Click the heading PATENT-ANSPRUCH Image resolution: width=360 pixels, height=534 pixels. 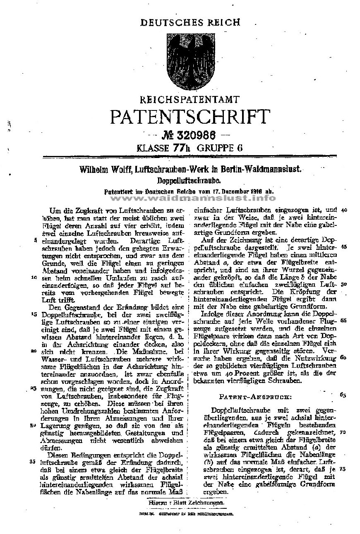pyautogui.click(x=255, y=397)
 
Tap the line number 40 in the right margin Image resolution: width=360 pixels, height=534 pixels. pyautogui.click(x=344, y=210)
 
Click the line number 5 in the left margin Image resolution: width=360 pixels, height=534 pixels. pyautogui.click(x=37, y=239)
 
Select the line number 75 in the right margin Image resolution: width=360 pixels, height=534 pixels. pyautogui.click(x=342, y=469)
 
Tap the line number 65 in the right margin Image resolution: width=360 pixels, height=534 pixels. pyautogui.click(x=342, y=395)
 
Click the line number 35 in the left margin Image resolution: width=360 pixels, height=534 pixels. pyautogui.click(x=34, y=462)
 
